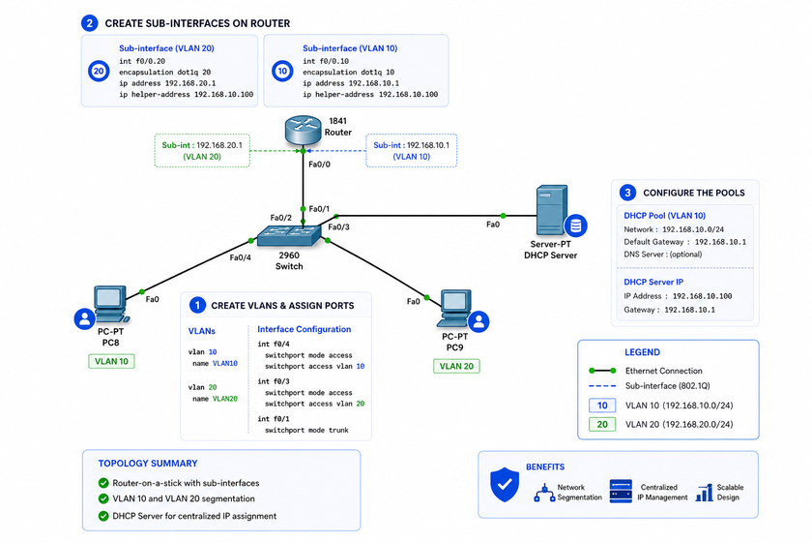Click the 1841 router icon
(x=303, y=130)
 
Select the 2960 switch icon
(x=289, y=236)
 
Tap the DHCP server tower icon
(x=552, y=211)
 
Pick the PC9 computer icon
(x=455, y=308)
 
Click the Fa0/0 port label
(x=319, y=165)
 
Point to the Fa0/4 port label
(x=241, y=257)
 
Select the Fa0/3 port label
(x=338, y=226)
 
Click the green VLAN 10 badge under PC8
(x=111, y=362)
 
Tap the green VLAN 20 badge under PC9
(x=456, y=366)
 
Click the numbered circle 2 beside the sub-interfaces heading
(x=90, y=23)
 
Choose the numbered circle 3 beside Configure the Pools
(x=627, y=193)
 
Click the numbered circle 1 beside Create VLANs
(x=197, y=306)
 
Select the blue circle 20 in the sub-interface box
(x=99, y=71)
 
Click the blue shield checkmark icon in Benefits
(x=505, y=485)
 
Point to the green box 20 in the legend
(x=602, y=424)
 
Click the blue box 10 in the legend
(x=602, y=406)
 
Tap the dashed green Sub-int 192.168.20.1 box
(x=202, y=151)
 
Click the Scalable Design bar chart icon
(x=705, y=493)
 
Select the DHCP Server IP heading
(x=653, y=283)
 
